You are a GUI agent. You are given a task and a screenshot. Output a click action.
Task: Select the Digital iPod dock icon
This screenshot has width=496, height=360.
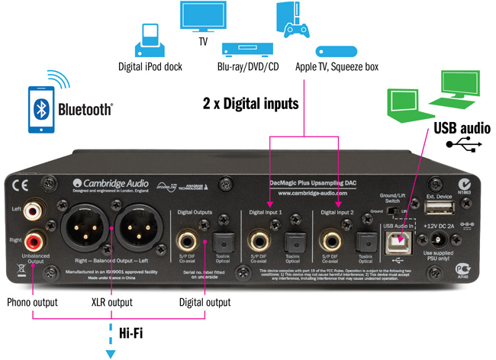coord(150,42)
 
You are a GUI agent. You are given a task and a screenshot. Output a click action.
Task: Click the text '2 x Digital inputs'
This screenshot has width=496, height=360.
coord(250,101)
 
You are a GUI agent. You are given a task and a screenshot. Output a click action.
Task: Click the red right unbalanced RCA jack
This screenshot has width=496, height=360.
coord(34,243)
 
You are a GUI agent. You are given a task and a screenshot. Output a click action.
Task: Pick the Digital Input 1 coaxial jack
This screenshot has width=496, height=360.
coord(257,240)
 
